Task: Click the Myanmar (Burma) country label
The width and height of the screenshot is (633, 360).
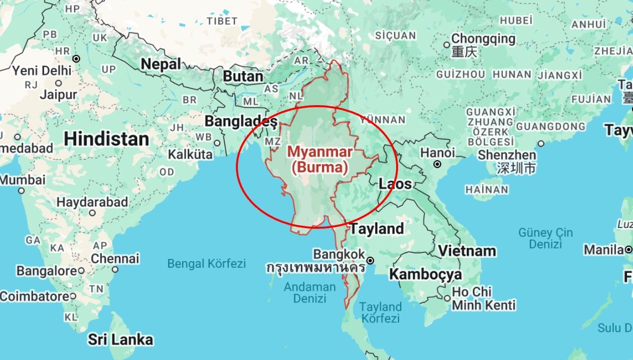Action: (320, 159)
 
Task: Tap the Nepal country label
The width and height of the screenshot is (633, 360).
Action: (161, 64)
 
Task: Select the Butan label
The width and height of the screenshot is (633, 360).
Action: (243, 77)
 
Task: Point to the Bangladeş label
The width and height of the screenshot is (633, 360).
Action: (241, 121)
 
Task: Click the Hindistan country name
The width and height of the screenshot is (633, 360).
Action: (107, 139)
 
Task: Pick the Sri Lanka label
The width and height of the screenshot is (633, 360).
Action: (120, 339)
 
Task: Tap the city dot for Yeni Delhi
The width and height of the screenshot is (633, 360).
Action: (76, 59)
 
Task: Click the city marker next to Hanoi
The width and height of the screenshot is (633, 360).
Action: (437, 164)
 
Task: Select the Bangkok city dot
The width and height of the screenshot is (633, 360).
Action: (370, 260)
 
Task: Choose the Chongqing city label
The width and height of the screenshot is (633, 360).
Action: (483, 39)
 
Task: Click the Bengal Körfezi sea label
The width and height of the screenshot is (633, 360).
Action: (206, 263)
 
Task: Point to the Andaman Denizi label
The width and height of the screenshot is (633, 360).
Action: (309, 292)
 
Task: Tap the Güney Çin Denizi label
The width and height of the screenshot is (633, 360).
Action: (545, 238)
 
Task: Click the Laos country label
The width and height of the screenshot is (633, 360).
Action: (395, 184)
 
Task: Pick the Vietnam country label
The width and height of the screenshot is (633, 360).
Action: (467, 250)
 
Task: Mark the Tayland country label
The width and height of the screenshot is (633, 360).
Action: (377, 229)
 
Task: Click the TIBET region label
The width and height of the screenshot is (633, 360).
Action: (221, 21)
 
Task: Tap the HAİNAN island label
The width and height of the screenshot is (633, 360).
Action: (486, 190)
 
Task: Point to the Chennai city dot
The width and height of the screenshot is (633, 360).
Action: (115, 269)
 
